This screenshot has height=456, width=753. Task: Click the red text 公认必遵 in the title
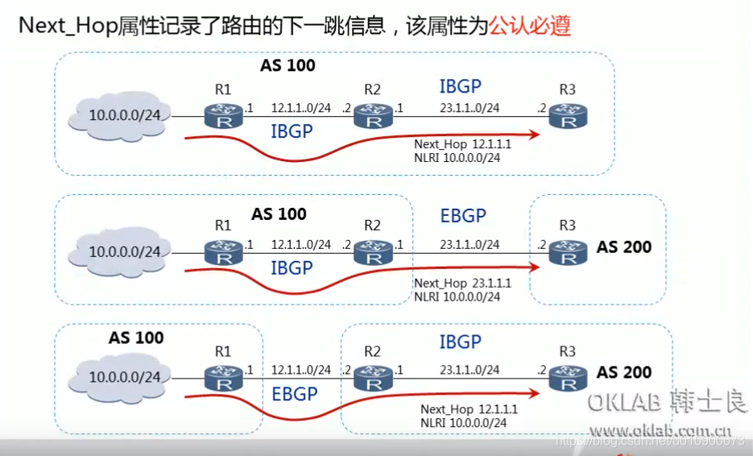531,26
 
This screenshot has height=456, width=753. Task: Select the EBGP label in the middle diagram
463,216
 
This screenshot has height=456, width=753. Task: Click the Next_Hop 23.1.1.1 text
462,284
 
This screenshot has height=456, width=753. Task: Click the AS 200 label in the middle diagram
624,247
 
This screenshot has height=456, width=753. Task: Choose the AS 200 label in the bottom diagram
624,373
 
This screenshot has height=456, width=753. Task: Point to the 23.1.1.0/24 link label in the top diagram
470,108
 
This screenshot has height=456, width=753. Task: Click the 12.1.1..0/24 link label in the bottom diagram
300,370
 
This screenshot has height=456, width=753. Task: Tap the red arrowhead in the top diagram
533,135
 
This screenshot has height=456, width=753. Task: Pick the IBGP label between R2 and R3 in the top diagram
460,87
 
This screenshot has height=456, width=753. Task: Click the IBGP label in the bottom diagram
460,342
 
